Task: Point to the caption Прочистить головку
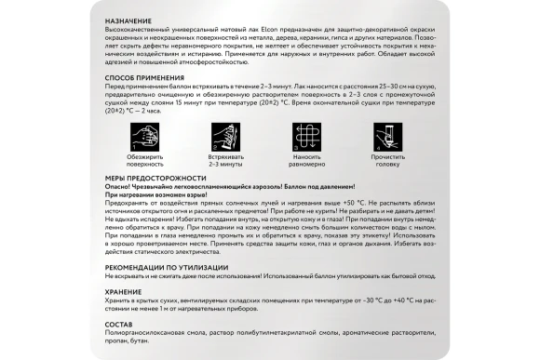pyautogui.click(x=391, y=161)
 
